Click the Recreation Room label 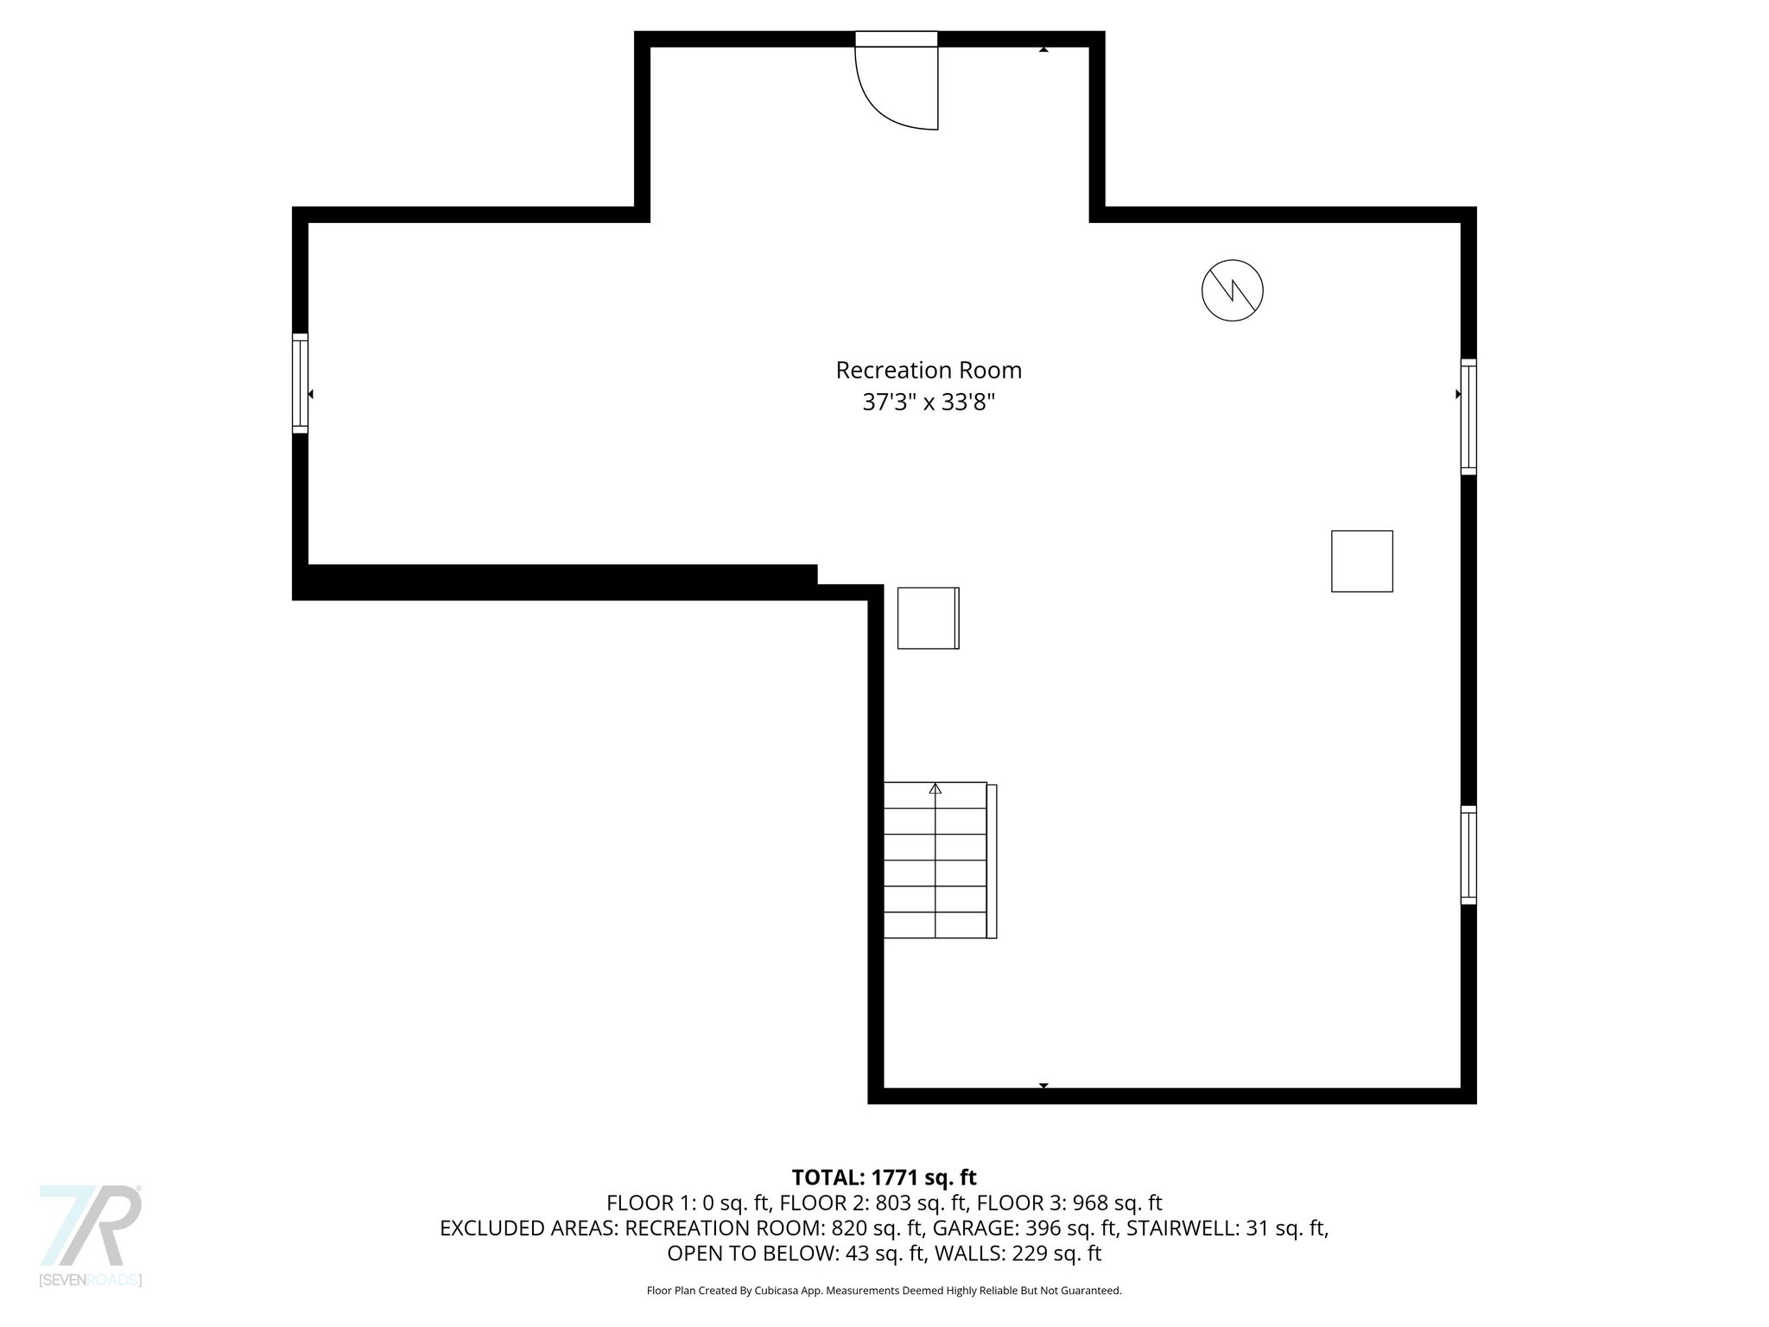(929, 370)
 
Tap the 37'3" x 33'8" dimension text (929, 403)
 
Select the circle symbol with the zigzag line (1233, 290)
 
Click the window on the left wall (300, 383)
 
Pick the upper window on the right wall (1468, 416)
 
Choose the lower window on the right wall (1468, 855)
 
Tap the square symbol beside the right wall (1362, 562)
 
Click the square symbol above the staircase (929, 618)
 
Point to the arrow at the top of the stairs (935, 789)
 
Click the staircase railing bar (992, 861)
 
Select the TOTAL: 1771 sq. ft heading (884, 1178)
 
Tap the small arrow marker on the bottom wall (1043, 1086)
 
